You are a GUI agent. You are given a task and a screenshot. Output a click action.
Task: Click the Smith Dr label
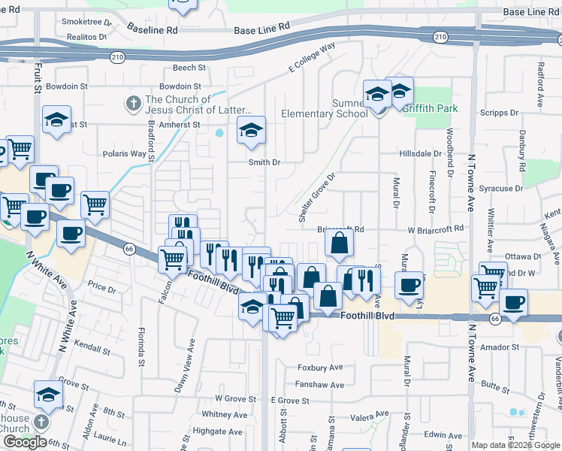coord(264,162)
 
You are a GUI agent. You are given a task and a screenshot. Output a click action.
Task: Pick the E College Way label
coord(312,58)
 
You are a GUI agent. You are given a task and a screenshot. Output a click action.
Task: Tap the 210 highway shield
coord(441,36)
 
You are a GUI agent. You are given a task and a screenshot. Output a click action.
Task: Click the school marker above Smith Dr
coord(252,130)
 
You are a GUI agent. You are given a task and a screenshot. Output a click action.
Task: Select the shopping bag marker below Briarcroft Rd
coord(340,242)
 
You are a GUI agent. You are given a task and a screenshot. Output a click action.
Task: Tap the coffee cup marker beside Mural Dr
coord(409,285)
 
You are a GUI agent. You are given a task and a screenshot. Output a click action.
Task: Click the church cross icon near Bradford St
coord(132,103)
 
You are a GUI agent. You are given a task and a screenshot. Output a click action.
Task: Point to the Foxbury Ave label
coord(320,368)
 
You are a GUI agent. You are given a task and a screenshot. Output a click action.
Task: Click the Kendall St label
coord(92,350)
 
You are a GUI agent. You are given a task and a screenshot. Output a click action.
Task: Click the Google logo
coord(25,442)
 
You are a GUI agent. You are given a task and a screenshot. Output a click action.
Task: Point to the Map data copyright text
coord(515,445)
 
